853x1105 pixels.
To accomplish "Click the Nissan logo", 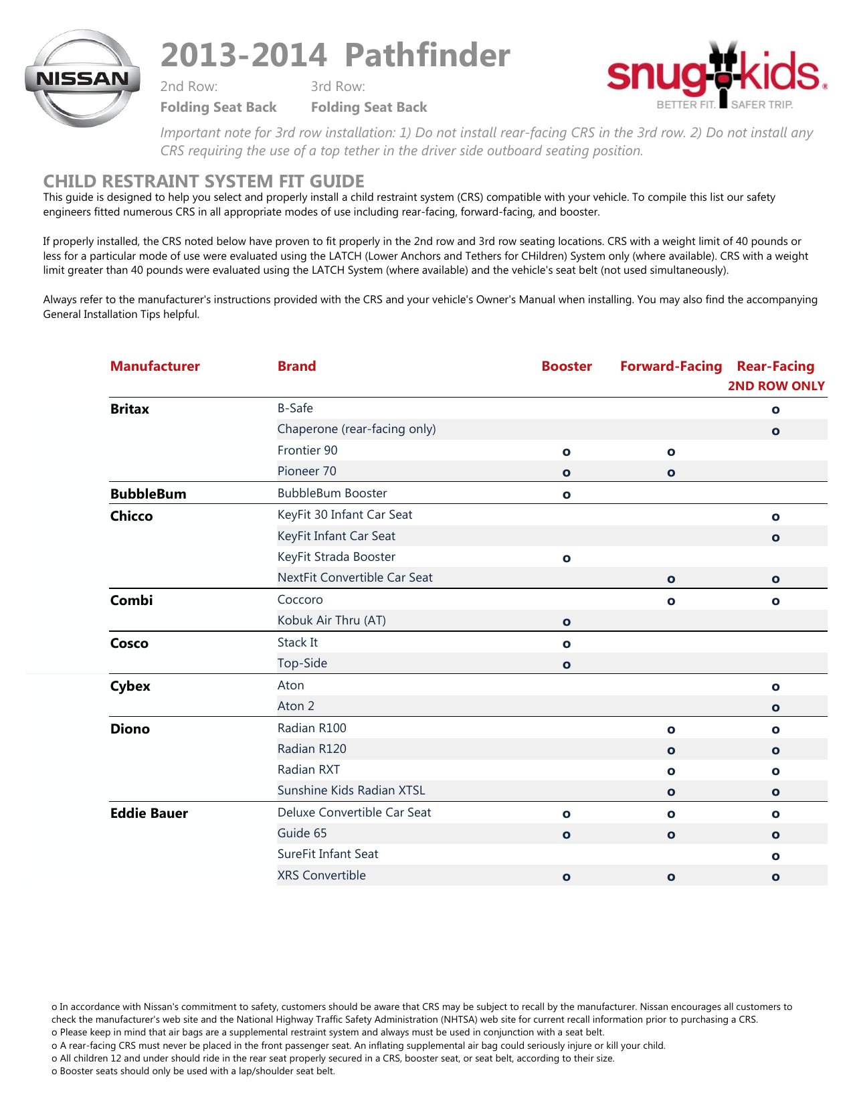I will tap(82, 78).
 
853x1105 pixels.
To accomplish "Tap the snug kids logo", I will tap(717, 75).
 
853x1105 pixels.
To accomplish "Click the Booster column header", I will tap(567, 366).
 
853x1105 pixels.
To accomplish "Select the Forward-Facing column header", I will tap(671, 366).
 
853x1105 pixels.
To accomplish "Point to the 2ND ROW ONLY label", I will tap(776, 386).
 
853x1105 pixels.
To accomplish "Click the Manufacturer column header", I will tap(155, 366).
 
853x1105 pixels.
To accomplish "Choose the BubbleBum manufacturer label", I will tap(149, 494).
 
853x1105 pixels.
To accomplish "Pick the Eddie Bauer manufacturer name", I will tap(149, 813).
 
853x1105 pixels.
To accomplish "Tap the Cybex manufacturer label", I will tap(130, 686).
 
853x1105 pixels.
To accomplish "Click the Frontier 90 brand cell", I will tap(308, 450).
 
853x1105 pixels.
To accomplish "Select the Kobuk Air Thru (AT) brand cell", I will tap(332, 620).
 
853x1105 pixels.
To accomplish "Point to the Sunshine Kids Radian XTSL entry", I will tap(351, 790).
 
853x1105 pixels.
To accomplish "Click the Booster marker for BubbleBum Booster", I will tap(567, 495).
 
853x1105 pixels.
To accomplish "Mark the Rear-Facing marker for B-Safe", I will tap(775, 410).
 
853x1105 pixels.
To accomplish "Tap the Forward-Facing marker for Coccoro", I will tap(671, 601).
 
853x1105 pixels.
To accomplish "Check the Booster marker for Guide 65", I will tap(567, 835).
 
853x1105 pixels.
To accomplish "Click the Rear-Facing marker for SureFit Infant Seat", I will tap(775, 856).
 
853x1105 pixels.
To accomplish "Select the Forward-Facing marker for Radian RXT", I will tap(671, 771).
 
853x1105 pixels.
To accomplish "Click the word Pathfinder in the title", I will tap(428, 55).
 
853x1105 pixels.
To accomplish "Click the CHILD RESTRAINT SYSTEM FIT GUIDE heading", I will tap(204, 181).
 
